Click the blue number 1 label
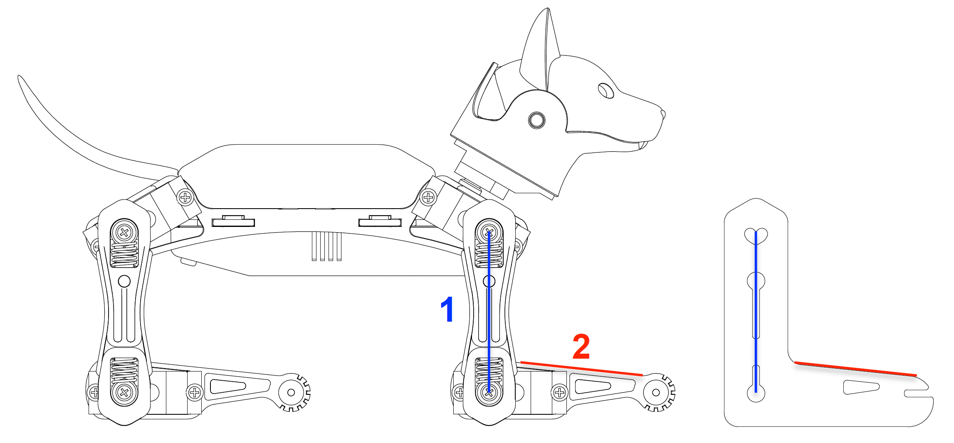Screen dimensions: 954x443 (447, 309)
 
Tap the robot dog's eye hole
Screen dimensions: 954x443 (606, 90)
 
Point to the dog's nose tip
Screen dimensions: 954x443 (662, 114)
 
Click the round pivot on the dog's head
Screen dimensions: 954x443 (536, 120)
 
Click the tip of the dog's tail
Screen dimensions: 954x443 (19, 77)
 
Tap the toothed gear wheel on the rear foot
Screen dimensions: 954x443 (292, 392)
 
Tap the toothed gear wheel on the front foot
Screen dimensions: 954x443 (657, 392)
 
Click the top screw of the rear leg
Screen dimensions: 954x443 (124, 232)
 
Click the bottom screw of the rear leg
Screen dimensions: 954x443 (124, 392)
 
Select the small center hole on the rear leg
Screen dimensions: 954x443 (124, 281)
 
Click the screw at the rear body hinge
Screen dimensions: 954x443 (185, 197)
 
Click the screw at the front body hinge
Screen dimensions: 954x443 (428, 197)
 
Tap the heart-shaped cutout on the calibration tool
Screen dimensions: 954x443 (756, 235)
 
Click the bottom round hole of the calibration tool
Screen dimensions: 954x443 (756, 393)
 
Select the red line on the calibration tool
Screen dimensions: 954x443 (856, 369)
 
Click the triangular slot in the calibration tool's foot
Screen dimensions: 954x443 (861, 387)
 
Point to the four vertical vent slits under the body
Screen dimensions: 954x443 (327, 246)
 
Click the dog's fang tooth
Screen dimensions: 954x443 (643, 145)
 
